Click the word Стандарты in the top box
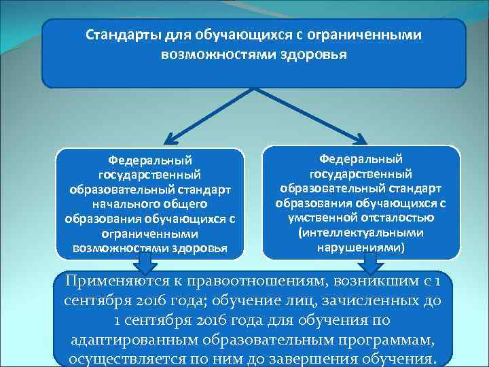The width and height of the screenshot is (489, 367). (114, 34)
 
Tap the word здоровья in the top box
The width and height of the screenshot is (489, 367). (314, 53)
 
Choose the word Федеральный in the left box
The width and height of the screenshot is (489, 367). (149, 161)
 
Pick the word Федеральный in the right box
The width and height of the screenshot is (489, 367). (361, 158)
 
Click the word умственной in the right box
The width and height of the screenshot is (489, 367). (321, 217)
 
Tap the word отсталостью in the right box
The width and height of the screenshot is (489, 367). (397, 217)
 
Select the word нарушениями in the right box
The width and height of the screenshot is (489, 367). (361, 247)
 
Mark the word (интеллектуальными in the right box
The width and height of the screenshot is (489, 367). (361, 232)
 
